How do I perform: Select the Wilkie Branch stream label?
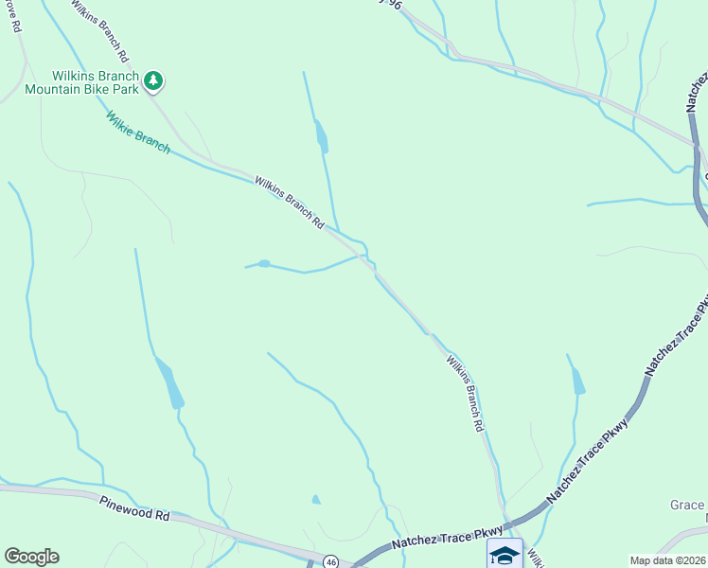tap(138, 133)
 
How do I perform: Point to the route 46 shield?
tap(329, 561)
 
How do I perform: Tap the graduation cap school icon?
tap(504, 554)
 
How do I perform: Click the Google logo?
tap(31, 557)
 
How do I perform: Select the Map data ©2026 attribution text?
tap(668, 560)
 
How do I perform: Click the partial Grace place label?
tap(688, 506)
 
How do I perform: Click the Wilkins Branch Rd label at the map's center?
tap(290, 202)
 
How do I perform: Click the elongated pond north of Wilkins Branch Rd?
tap(322, 138)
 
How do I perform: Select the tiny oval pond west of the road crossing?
tap(264, 263)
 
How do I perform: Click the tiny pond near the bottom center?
tap(316, 500)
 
